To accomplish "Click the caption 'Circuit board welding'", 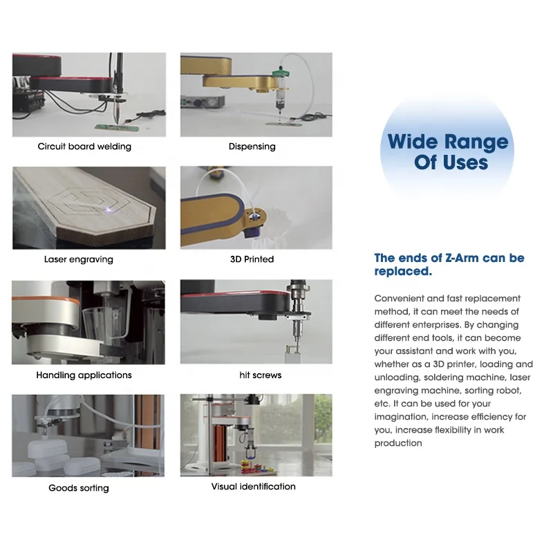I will click(x=84, y=147).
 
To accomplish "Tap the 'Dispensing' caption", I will click(x=252, y=147).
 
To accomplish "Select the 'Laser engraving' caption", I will click(x=78, y=260).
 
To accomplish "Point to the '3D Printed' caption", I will click(x=252, y=259).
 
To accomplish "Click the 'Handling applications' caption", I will click(x=84, y=375).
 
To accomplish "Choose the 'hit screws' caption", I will click(x=261, y=375).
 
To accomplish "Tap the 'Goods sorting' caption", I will click(x=79, y=488).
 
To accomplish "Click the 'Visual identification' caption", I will click(x=253, y=487).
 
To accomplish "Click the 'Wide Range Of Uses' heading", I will click(x=448, y=153).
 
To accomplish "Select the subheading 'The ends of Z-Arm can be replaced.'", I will click(x=449, y=265).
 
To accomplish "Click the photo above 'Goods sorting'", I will click(x=88, y=435).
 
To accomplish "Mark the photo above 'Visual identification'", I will click(x=256, y=435).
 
